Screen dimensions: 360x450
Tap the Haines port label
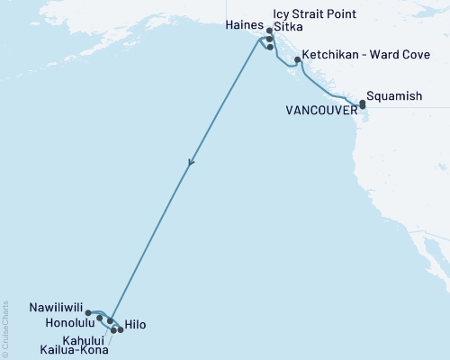[240, 27]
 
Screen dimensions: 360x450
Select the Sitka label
[290, 27]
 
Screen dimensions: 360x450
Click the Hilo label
[136, 324]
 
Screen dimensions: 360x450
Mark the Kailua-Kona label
[73, 350]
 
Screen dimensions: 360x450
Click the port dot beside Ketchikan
[298, 59]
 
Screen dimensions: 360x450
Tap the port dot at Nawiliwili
[88, 313]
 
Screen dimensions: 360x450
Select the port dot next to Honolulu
[100, 319]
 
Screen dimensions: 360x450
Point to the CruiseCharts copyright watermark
[6, 327]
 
